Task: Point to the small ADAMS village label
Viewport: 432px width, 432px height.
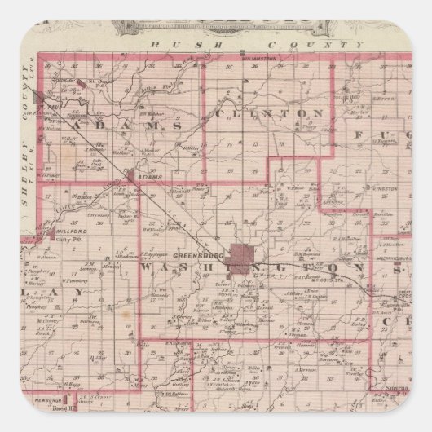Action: tap(151, 176)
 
